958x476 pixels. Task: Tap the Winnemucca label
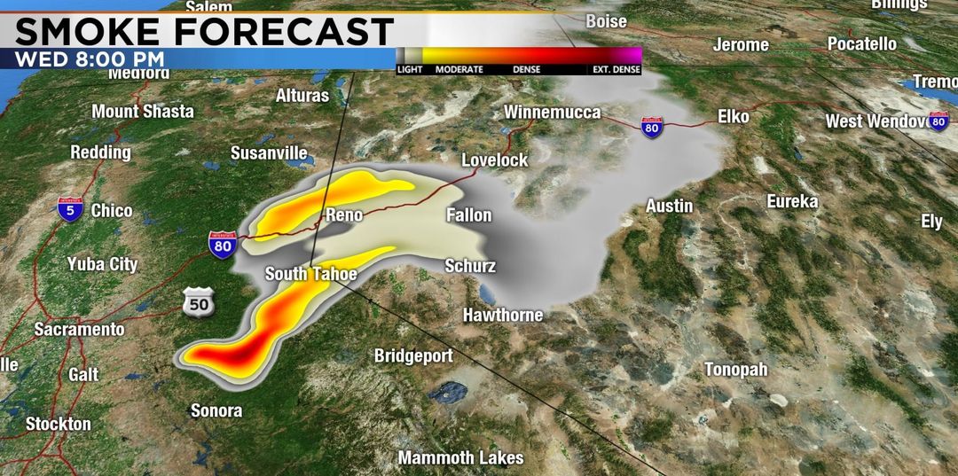552,113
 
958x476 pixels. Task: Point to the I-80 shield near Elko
651,128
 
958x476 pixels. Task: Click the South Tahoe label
310,274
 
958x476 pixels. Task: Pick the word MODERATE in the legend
459,69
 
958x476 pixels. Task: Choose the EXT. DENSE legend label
616,69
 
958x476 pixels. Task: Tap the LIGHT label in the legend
409,69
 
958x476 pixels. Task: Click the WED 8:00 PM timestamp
90,59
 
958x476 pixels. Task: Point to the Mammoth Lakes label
460,458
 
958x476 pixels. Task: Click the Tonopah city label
735,369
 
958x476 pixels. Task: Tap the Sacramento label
79,329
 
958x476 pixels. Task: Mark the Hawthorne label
502,315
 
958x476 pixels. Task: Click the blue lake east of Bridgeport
453,390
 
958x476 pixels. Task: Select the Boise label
606,20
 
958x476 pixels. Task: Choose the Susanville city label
269,152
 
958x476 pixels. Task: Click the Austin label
669,206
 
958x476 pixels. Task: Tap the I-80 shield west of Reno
223,245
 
